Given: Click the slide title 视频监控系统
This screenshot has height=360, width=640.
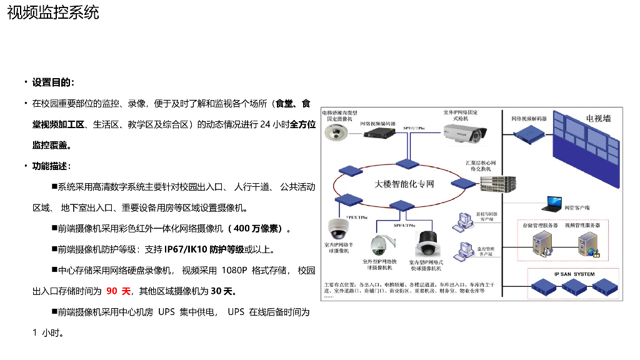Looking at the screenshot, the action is (53, 12).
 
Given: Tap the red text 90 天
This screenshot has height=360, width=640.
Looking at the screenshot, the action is (118, 291).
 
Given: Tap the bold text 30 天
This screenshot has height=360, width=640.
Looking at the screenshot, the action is (222, 291).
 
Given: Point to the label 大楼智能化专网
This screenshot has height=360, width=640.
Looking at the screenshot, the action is (404, 184).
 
